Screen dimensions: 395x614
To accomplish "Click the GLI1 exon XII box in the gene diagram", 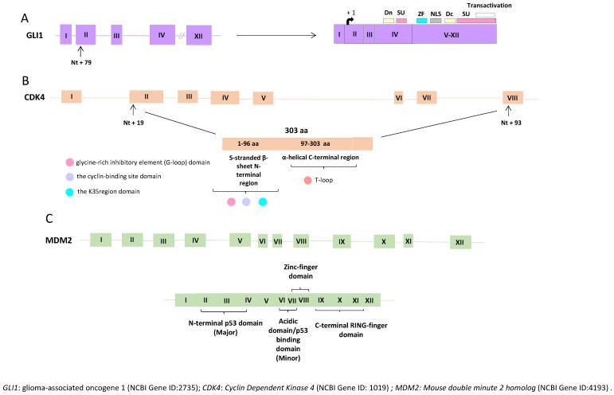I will (198, 36).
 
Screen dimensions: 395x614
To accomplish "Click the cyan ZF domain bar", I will (421, 20).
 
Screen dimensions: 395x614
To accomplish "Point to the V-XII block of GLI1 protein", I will (455, 34).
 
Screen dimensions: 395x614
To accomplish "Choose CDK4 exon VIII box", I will (514, 97).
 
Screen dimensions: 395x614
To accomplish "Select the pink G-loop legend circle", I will (70, 162).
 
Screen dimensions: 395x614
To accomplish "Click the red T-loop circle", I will (307, 181).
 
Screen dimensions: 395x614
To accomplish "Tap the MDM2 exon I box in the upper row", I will (101, 240).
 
